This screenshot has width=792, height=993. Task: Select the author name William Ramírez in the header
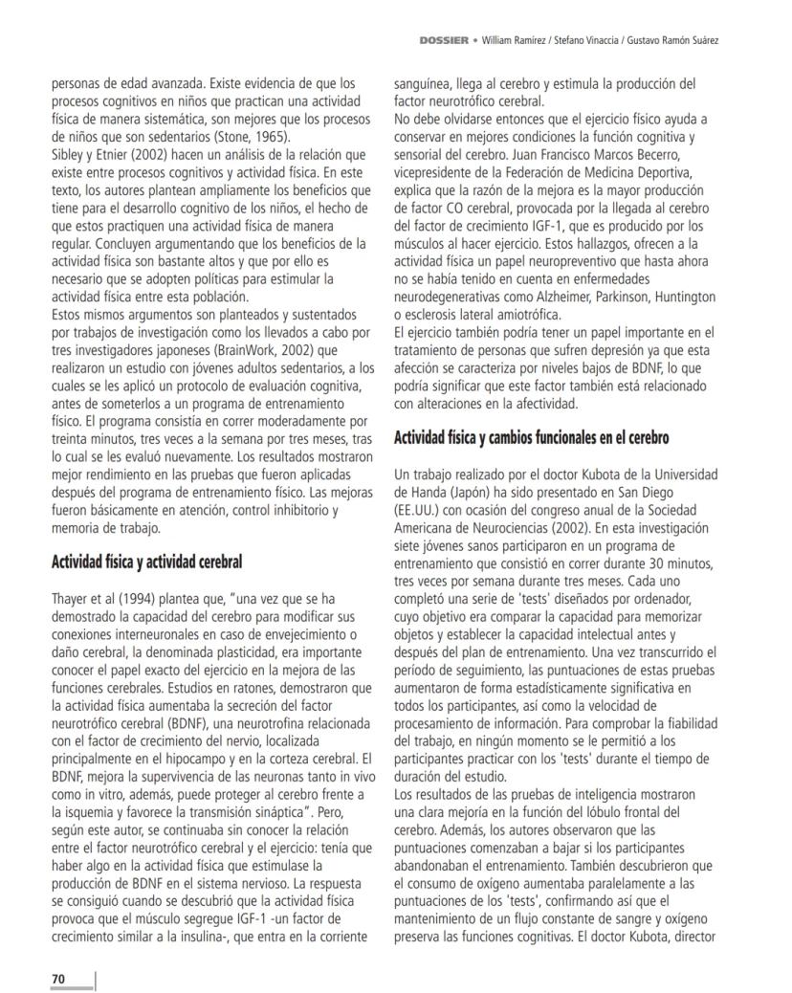517,41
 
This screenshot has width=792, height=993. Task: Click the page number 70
57,978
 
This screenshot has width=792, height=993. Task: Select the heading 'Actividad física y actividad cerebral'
146,562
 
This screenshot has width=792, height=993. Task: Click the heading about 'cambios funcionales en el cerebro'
531,438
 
